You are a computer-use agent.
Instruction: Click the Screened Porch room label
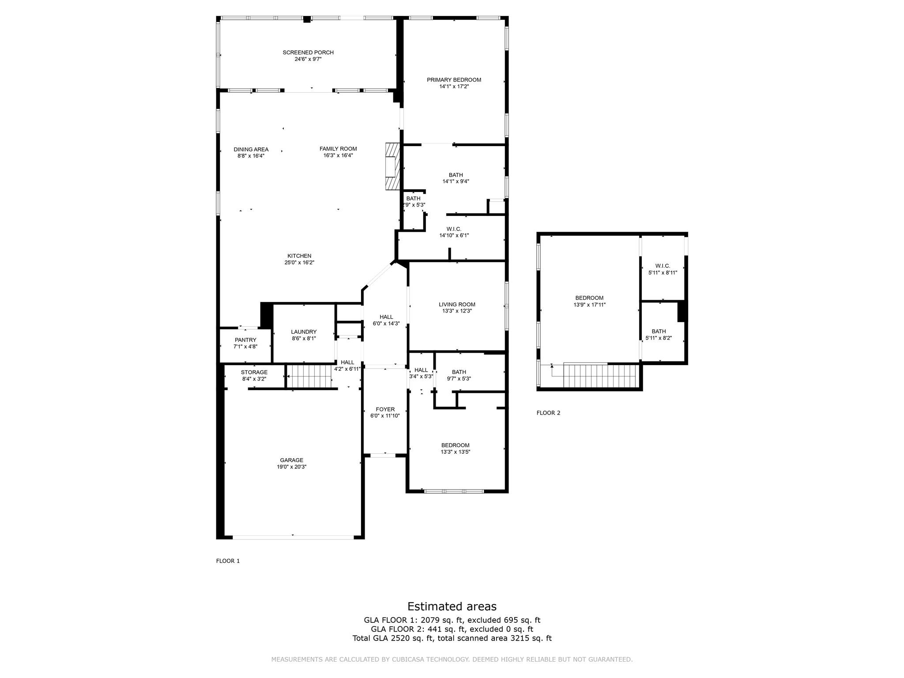308,53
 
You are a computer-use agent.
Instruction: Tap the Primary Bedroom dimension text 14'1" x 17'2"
454,87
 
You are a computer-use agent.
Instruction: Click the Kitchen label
299,256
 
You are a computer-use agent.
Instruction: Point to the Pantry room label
245,340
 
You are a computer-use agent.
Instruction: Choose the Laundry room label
304,332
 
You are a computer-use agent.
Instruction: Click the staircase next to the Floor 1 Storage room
309,376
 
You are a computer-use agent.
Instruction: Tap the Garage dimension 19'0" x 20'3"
291,467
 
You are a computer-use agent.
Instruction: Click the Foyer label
385,409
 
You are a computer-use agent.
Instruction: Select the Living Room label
457,305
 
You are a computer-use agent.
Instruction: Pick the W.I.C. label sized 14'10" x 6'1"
454,229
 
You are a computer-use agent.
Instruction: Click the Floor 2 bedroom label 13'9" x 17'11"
589,298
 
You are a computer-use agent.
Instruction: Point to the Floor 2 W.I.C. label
663,266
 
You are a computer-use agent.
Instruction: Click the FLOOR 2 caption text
548,413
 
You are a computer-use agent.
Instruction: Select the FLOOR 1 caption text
228,561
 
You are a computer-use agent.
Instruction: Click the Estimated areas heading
452,606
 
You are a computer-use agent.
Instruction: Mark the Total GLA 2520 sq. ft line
452,638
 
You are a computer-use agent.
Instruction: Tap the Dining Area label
251,149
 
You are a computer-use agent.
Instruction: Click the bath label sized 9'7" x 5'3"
459,372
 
